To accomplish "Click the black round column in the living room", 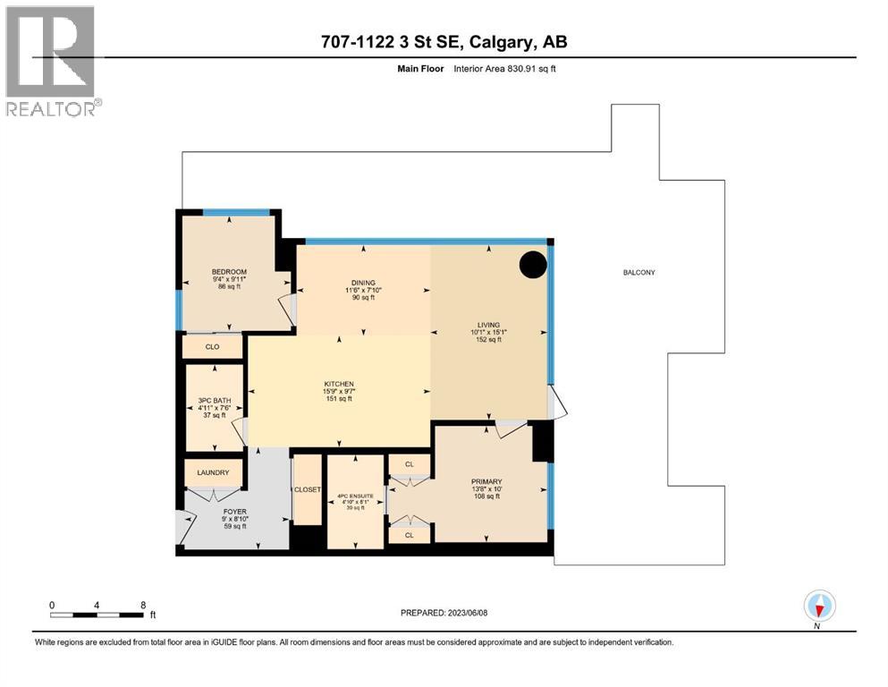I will coord(534,264).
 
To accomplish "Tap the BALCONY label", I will coord(639,272).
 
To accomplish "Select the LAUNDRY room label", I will coord(212,473).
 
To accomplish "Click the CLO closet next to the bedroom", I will coord(213,347).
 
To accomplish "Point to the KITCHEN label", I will coord(338,384).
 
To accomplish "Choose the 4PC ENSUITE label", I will coord(355,497).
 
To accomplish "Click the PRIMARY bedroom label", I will coord(487,480).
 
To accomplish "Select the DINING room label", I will coord(363,281).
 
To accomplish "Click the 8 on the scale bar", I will coord(143,605).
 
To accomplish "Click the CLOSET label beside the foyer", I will coord(307,490).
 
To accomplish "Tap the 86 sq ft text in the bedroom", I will coord(229,287).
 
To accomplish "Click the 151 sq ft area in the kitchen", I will coord(338,399).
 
